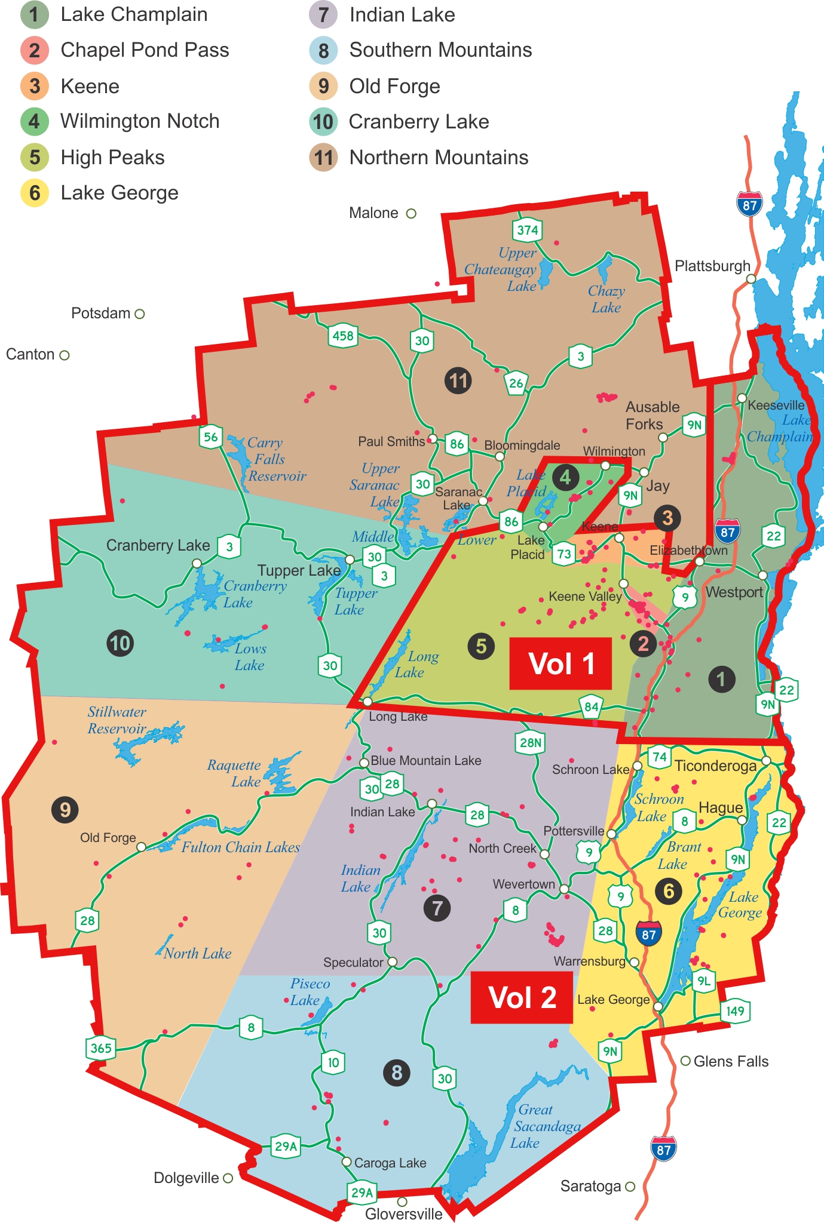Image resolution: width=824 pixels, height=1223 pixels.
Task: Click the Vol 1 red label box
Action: click(560, 663)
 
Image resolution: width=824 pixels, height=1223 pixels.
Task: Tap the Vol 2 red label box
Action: click(522, 997)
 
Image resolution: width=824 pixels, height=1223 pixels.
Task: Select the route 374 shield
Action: click(527, 230)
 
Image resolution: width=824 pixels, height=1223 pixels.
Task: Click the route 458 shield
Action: click(342, 336)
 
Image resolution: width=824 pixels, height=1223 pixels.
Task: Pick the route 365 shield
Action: click(100, 1048)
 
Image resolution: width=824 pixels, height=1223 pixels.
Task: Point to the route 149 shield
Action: click(735, 1011)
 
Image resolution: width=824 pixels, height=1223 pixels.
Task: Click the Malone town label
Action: click(373, 213)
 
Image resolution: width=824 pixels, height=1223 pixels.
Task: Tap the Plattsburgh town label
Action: click(712, 266)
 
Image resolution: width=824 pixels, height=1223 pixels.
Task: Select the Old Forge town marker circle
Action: click(141, 847)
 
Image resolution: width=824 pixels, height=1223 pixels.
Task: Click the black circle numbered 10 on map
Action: click(120, 643)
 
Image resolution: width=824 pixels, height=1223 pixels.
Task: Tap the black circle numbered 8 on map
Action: click(397, 1073)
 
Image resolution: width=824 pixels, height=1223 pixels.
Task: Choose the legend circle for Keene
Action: click(35, 86)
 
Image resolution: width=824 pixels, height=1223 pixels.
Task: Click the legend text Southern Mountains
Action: click(440, 50)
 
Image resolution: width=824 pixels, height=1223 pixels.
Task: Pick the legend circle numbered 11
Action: click(323, 158)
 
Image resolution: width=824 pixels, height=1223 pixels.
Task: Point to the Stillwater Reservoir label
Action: click(117, 720)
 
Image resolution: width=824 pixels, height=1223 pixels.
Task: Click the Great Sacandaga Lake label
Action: click(545, 1126)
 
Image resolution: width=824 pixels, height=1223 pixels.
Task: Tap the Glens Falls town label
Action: click(730, 1061)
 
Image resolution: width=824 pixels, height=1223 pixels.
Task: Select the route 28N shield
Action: click(531, 742)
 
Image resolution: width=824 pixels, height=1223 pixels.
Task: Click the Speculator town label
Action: click(353, 963)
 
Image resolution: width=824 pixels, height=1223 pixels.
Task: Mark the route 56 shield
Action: click(210, 437)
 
